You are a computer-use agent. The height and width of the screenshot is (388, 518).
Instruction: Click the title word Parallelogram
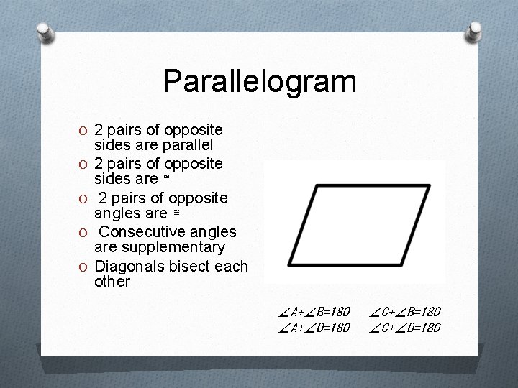coord(259,81)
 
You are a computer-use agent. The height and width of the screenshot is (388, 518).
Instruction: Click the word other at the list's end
coord(112,281)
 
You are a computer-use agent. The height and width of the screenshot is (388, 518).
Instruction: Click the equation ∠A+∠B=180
coord(314,312)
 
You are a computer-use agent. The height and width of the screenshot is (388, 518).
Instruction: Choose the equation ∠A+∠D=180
coord(314,328)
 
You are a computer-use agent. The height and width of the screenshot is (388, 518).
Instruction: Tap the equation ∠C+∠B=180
coord(405,312)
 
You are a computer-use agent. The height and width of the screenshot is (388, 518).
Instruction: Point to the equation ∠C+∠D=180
coord(405,328)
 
